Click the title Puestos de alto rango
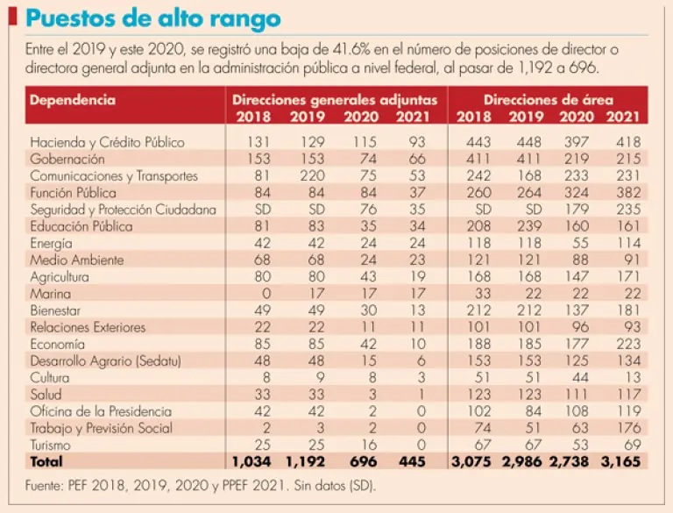click(153, 18)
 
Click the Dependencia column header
click(72, 100)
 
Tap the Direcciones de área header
click(549, 100)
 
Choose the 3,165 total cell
click(623, 461)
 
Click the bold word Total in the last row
click(47, 461)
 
